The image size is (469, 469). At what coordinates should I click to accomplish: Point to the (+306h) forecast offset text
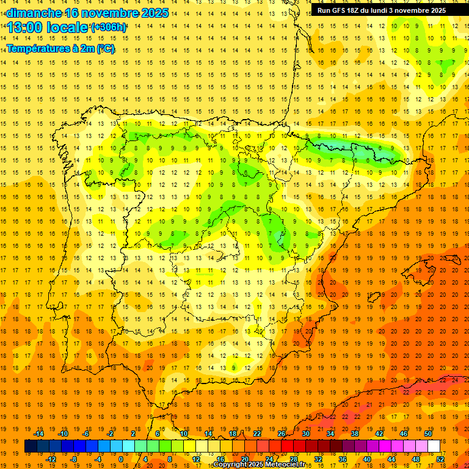tap(109, 27)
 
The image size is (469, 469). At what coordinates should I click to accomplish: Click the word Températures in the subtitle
tap(37, 48)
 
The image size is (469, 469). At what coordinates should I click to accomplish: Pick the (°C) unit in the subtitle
tap(105, 48)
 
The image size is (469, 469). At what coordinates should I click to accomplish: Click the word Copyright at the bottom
tap(229, 465)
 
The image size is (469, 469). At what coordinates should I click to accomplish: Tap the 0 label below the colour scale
tap(122, 459)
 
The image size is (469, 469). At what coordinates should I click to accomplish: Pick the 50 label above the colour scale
tap(428, 433)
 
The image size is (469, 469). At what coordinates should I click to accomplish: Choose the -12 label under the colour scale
tap(51, 459)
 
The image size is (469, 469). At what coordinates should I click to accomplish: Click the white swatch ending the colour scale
tap(434, 446)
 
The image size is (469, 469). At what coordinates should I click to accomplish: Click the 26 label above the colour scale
tap(282, 433)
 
